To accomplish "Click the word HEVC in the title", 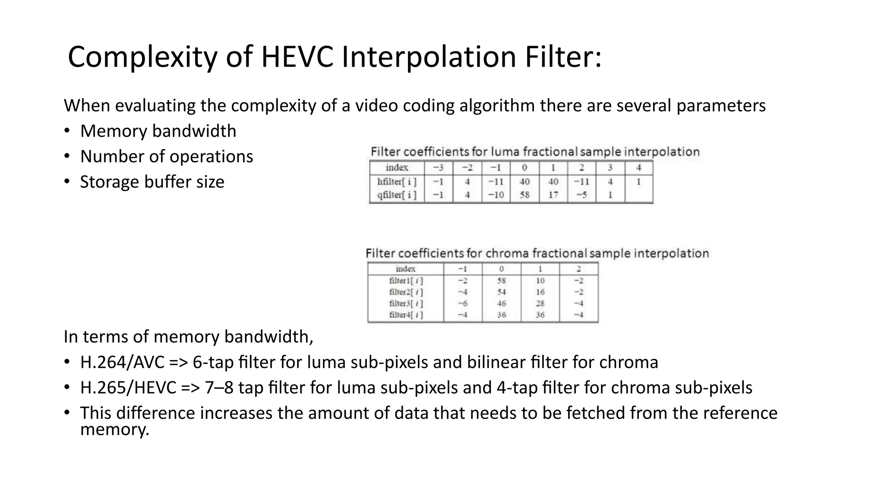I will click(297, 57).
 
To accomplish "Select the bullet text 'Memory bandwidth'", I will click(158, 131).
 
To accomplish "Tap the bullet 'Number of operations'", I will click(167, 157).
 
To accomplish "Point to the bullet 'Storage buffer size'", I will click(152, 182).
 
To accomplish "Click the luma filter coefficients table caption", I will click(535, 152).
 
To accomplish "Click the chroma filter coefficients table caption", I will click(537, 253).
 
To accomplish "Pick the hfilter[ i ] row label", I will click(397, 182).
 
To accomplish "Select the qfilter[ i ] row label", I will click(397, 195).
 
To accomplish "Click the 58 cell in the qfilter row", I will click(524, 195).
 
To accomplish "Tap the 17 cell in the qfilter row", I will click(553, 195).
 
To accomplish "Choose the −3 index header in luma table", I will click(438, 168).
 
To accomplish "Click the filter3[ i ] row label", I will click(406, 303).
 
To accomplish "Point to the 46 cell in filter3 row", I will click(501, 303).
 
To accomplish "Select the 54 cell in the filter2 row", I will click(501, 292).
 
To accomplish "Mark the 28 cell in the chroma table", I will click(540, 303).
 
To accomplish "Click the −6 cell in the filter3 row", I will click(462, 303).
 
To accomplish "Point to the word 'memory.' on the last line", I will click(114, 430).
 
